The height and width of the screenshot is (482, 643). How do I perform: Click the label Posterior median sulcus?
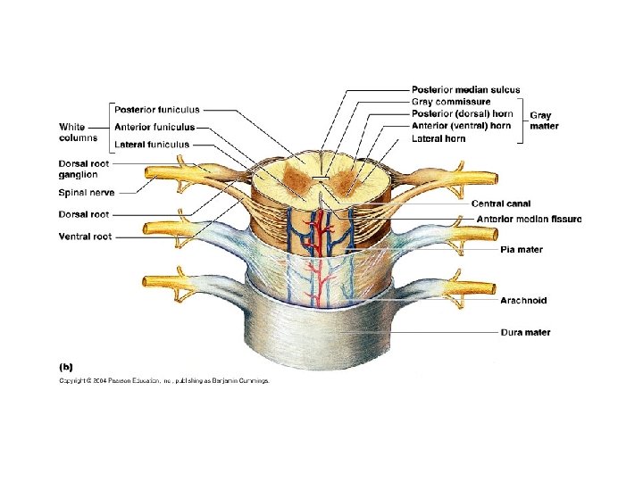point(465,90)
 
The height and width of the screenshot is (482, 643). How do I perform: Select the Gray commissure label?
point(450,102)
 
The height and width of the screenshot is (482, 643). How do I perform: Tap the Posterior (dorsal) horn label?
point(462,114)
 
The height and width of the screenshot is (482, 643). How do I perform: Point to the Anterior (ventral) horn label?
point(461,126)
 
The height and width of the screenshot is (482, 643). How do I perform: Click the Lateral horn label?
point(438,138)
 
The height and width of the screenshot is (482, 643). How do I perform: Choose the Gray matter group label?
point(544,120)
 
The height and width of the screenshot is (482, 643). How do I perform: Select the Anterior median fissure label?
point(529,220)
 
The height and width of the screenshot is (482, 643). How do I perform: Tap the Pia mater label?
point(521,250)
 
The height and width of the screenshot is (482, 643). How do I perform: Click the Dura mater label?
point(524,333)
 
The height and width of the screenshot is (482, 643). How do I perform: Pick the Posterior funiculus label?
point(156,110)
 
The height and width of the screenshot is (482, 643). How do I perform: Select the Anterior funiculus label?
point(154,127)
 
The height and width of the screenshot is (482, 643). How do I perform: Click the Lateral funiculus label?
point(151,144)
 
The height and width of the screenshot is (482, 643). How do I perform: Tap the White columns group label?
point(79,132)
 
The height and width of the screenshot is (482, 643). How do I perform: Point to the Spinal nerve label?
point(86,192)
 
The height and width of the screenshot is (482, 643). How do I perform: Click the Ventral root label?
point(85,237)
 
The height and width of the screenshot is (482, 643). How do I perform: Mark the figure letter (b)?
point(66,366)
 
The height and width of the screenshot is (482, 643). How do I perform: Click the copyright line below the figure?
point(163,381)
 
